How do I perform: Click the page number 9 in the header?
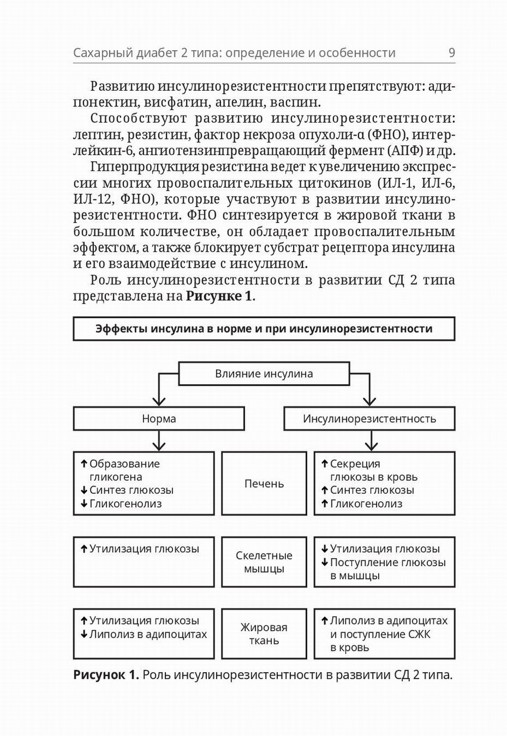tap(451, 53)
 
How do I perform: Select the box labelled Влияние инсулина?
tap(264, 374)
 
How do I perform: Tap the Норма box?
tap(159, 419)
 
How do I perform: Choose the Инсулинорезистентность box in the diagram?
tap(369, 419)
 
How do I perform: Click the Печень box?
tap(264, 484)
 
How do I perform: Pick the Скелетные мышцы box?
tap(264, 562)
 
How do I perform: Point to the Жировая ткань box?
tap(264, 634)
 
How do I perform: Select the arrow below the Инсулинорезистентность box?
tap(372, 441)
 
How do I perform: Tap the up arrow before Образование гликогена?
tap(84, 463)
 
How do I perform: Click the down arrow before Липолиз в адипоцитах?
tap(84, 634)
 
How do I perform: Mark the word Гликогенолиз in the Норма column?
tap(125, 504)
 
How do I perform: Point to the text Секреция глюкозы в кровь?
tap(373, 470)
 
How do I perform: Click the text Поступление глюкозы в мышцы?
tap(387, 569)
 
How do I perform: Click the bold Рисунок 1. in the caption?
tap(106, 675)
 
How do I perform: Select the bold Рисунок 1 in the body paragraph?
tap(219, 297)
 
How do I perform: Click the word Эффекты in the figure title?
tap(121, 328)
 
